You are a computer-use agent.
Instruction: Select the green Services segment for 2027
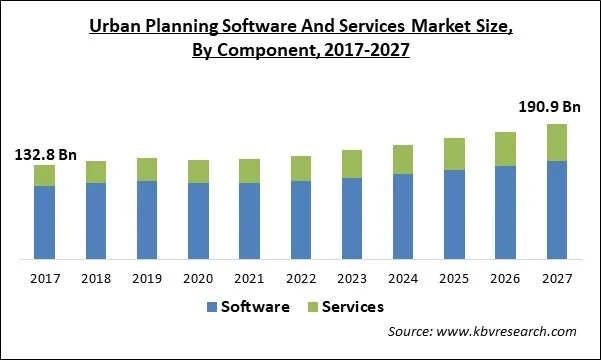click(x=557, y=142)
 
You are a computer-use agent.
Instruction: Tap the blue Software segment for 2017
click(x=44, y=222)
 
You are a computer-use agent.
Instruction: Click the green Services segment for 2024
click(x=403, y=159)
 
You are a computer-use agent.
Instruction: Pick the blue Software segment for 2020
click(x=198, y=221)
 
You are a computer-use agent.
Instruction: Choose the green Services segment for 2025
click(x=454, y=154)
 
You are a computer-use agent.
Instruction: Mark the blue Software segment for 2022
click(x=301, y=220)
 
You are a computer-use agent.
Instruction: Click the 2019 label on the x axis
click(x=147, y=278)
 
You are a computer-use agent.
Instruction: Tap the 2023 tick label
click(x=352, y=278)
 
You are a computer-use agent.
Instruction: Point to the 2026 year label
click(x=506, y=278)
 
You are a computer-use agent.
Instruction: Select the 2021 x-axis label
click(x=249, y=278)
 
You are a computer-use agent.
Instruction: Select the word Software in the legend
click(x=257, y=307)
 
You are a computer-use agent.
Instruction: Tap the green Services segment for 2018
click(x=95, y=171)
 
